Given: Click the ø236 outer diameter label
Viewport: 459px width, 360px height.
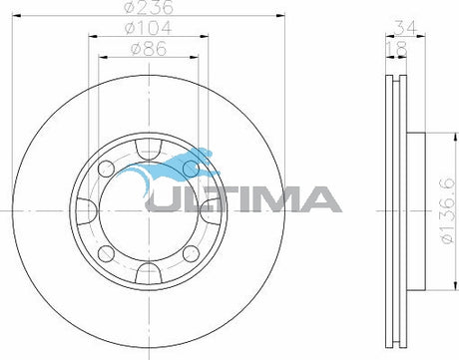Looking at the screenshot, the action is tap(149, 7).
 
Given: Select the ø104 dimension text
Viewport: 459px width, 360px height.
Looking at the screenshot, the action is tap(149, 28).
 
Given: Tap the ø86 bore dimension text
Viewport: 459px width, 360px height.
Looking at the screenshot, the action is tap(149, 49).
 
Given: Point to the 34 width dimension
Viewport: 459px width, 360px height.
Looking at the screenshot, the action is tap(405, 28).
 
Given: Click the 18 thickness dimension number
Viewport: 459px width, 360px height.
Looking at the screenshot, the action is tap(396, 49).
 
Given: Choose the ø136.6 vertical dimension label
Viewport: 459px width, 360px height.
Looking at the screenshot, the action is tap(447, 210).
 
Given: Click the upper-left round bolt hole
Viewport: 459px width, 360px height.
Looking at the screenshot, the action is tap(107, 169).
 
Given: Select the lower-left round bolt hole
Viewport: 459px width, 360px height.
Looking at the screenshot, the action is tap(107, 253).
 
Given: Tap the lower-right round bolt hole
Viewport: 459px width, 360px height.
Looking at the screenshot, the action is tap(192, 253).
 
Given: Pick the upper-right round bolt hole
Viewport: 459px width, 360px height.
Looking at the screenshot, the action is tap(192, 169).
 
